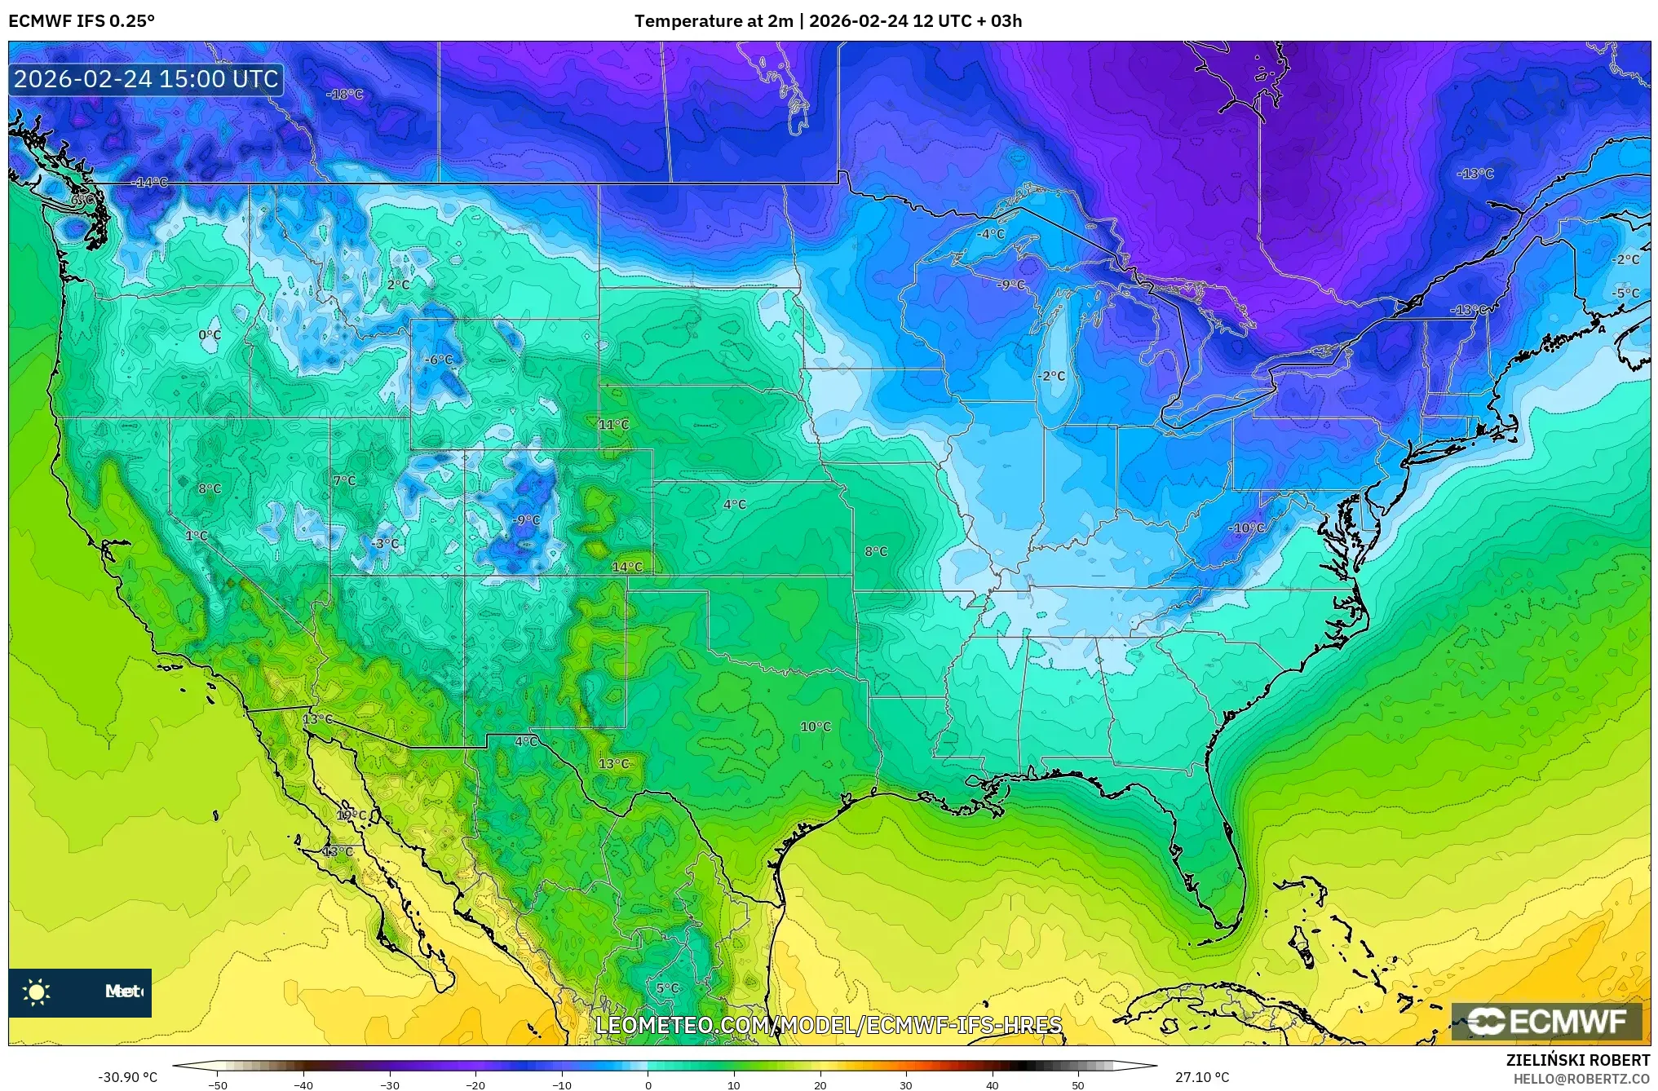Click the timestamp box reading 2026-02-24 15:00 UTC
tap(146, 79)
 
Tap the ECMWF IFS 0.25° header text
tap(82, 21)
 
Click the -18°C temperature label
tap(344, 95)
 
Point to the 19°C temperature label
tap(351, 815)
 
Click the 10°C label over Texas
tap(816, 727)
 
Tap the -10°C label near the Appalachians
tap(1246, 528)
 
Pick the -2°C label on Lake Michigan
tap(1052, 376)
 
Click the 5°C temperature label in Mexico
tap(667, 988)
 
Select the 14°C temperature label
tap(627, 567)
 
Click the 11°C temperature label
tap(614, 425)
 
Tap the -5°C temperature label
tap(1625, 294)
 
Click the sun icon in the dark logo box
tap(37, 992)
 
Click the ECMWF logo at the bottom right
tap(1546, 1022)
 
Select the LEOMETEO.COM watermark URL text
tap(829, 1025)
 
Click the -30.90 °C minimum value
tap(128, 1077)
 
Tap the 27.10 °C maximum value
tap(1201, 1077)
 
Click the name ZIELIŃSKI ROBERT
tap(1578, 1060)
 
